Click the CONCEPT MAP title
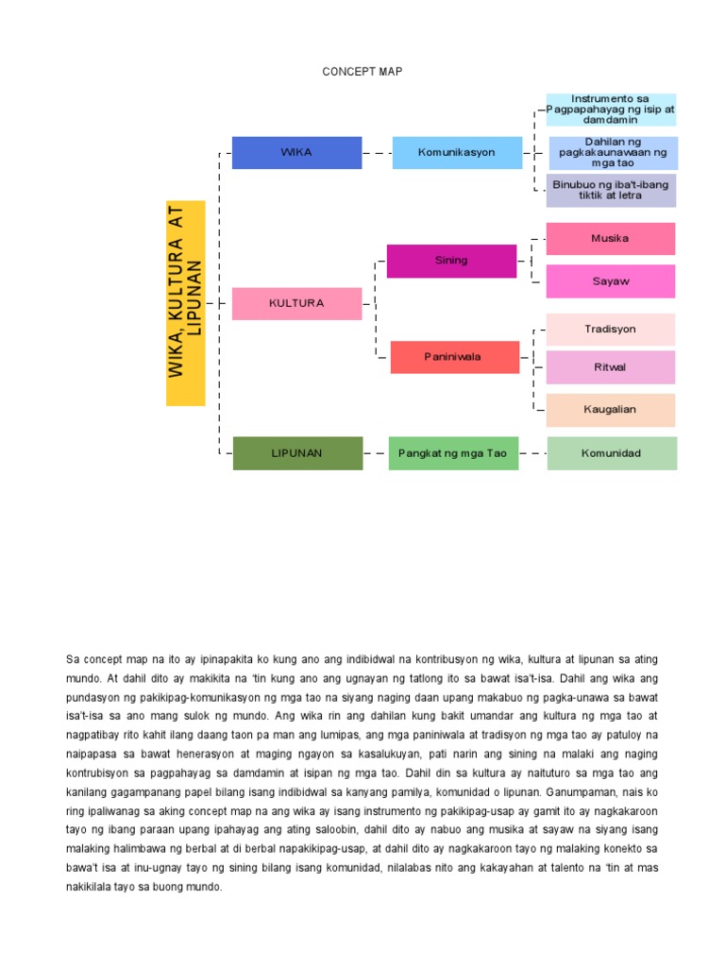click(362, 72)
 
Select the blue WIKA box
click(296, 152)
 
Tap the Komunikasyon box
click(457, 152)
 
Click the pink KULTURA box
click(296, 303)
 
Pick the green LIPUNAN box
click(296, 453)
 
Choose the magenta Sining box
click(451, 261)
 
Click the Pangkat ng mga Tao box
click(453, 453)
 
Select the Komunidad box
click(611, 453)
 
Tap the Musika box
click(611, 239)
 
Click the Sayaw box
click(611, 281)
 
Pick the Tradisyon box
click(611, 330)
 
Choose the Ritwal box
click(611, 367)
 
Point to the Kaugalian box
click(611, 410)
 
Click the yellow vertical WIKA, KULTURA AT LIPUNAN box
click(186, 303)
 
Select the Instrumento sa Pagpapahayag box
click(611, 110)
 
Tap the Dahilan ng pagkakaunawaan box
click(613, 152)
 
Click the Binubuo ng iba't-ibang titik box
click(611, 190)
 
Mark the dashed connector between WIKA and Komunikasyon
click(377, 152)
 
